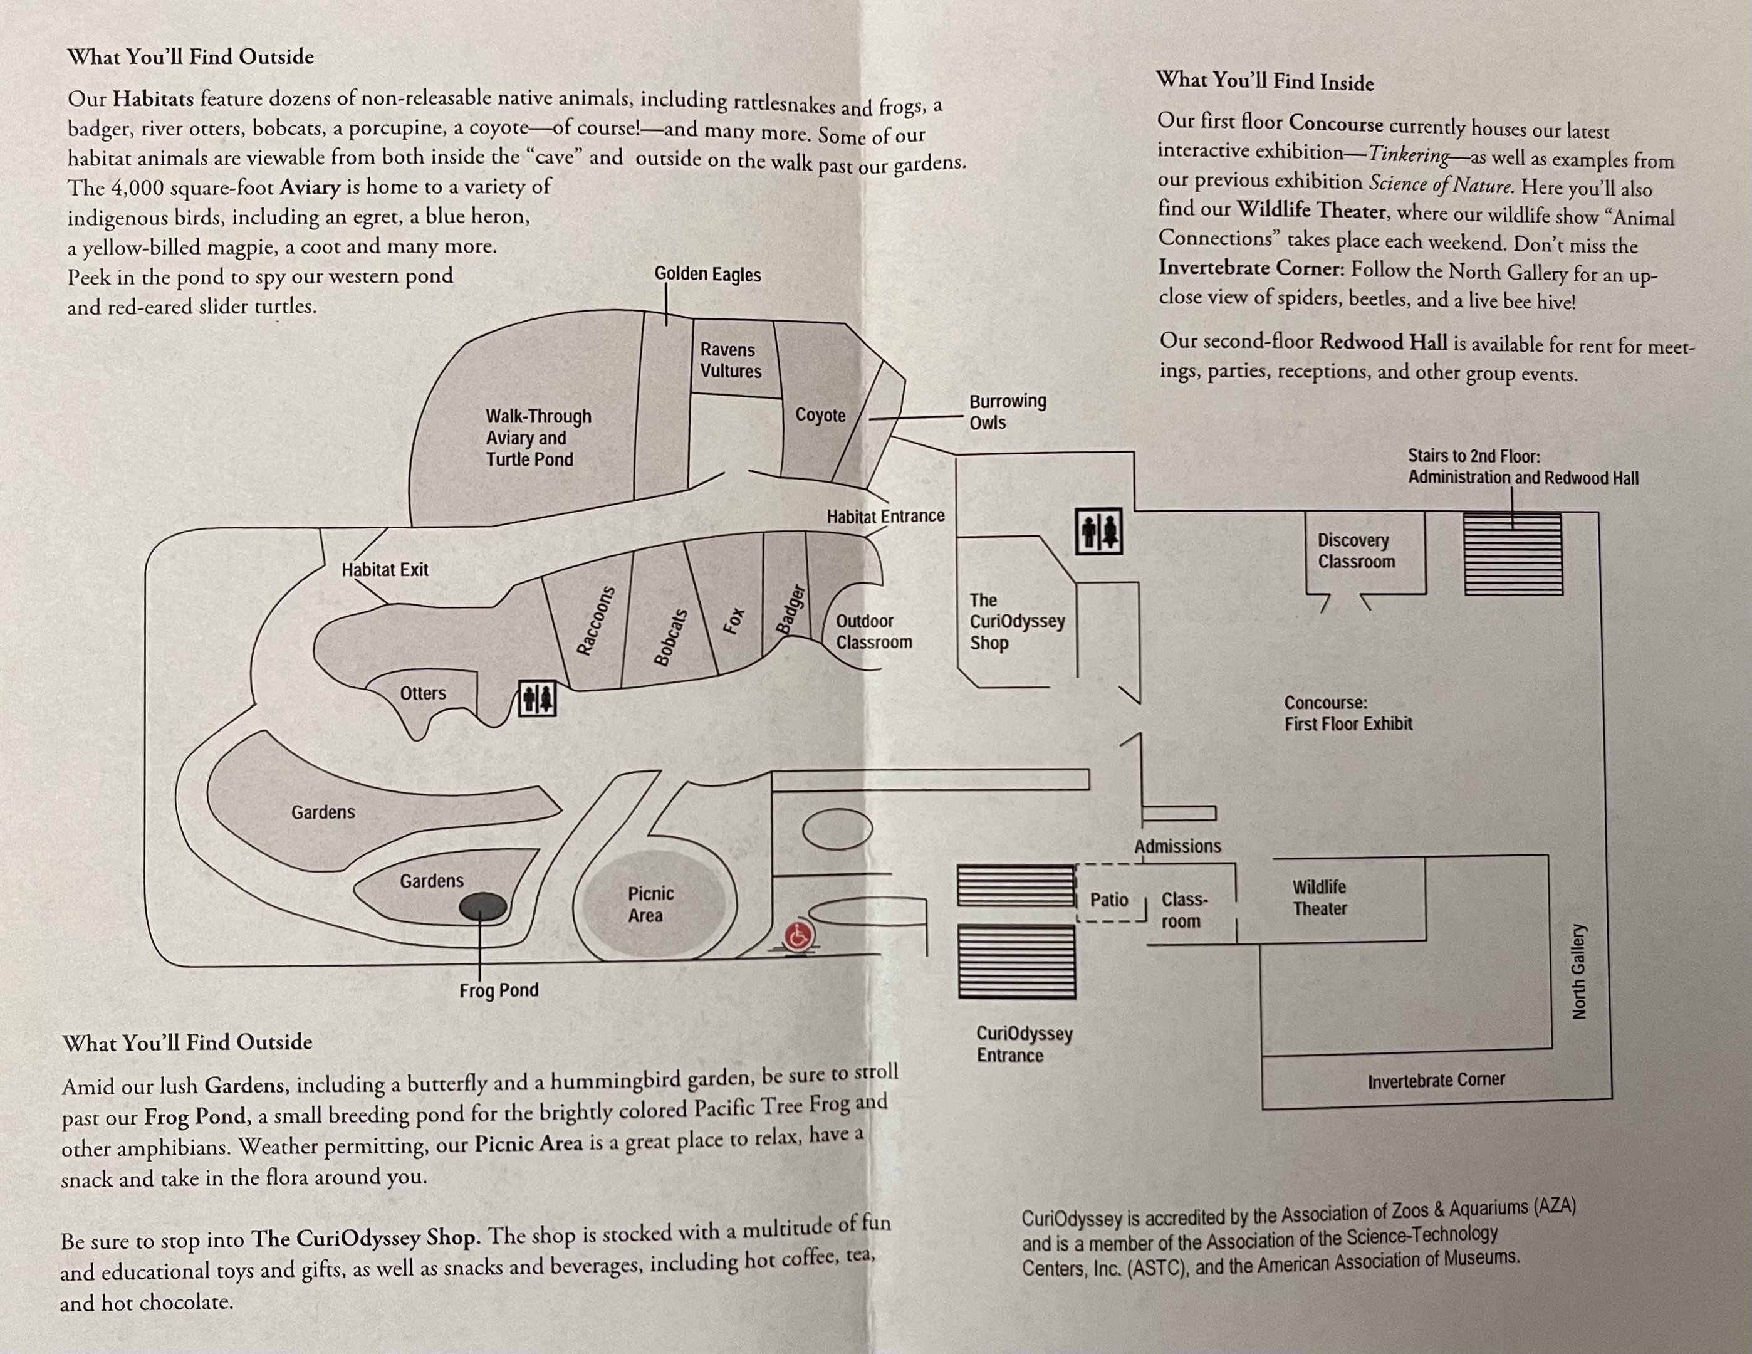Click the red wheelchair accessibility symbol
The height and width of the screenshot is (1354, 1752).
(x=798, y=936)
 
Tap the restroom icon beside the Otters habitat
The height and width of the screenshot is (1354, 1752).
(x=536, y=698)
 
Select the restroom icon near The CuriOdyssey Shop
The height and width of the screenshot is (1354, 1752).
(x=1098, y=532)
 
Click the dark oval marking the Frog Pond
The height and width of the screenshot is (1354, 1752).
(x=483, y=907)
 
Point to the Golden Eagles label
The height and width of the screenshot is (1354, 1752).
(x=707, y=275)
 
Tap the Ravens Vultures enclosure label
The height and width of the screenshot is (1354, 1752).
(x=730, y=360)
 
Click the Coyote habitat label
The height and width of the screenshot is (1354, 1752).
(x=820, y=415)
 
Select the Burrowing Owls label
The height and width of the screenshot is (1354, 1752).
(x=1007, y=412)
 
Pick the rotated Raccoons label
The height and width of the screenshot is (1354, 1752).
(x=595, y=621)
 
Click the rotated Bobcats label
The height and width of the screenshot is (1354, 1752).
(x=670, y=638)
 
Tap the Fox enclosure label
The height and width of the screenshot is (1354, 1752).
(x=734, y=621)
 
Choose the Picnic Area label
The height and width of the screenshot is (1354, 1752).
(x=650, y=905)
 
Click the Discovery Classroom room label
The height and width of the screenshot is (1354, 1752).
(x=1356, y=550)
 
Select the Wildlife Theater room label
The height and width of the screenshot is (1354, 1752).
(x=1319, y=897)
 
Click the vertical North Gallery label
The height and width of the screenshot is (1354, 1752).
(x=1578, y=971)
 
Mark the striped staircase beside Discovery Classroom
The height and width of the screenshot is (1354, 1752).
(x=1512, y=554)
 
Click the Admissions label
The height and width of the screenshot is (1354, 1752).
(x=1177, y=846)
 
